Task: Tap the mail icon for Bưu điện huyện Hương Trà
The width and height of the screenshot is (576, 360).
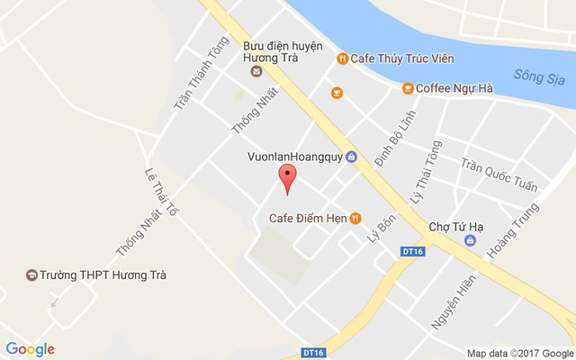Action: pyautogui.click(x=256, y=71)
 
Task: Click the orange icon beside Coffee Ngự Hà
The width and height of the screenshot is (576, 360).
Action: pyautogui.click(x=408, y=87)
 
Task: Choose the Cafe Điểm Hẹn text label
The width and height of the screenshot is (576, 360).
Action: pyautogui.click(x=308, y=217)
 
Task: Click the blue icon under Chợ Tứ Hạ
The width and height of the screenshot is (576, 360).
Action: pyautogui.click(x=470, y=241)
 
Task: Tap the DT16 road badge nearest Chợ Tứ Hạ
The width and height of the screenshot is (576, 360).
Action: pyautogui.click(x=412, y=251)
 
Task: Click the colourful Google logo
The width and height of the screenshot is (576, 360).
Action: pyautogui.click(x=31, y=349)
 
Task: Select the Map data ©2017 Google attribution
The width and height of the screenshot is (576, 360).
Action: pyautogui.click(x=519, y=353)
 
